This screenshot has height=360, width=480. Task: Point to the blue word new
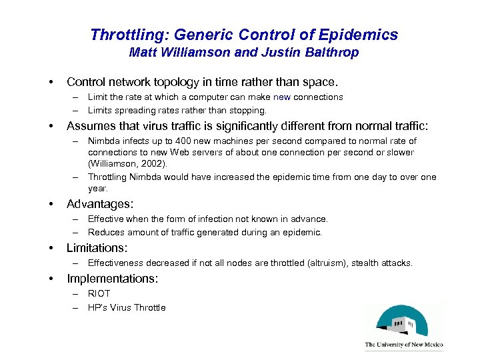pyautogui.click(x=283, y=97)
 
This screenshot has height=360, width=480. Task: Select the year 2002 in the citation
pyautogui.click(x=155, y=163)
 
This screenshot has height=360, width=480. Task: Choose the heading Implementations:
pyautogui.click(x=112, y=278)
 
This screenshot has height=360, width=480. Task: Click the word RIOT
pyautogui.click(x=99, y=293)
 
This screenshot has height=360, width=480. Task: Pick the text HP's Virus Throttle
pyautogui.click(x=127, y=307)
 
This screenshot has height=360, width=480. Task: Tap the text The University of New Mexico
pyautogui.click(x=403, y=345)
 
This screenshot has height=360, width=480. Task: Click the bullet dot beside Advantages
pyautogui.click(x=51, y=204)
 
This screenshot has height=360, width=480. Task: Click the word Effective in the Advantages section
pyautogui.click(x=107, y=219)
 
